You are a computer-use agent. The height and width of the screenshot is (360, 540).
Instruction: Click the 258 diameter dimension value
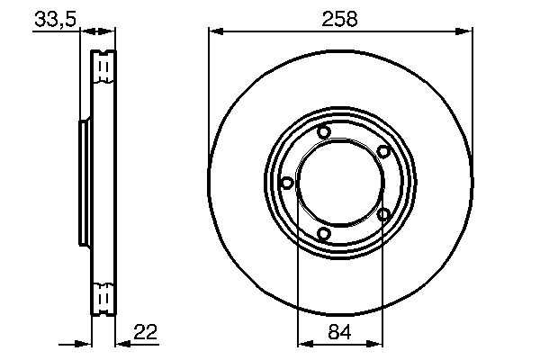click(x=339, y=17)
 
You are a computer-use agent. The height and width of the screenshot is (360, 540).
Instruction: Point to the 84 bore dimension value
click(x=340, y=332)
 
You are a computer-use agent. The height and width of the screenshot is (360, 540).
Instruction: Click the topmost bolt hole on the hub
click(x=324, y=134)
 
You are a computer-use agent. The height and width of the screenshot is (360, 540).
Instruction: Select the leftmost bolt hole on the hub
click(x=287, y=183)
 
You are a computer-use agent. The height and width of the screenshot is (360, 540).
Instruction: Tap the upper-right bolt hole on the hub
click(x=382, y=151)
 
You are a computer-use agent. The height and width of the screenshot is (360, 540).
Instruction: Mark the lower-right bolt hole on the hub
click(x=383, y=214)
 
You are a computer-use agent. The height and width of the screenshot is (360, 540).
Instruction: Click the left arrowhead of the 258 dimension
click(x=214, y=31)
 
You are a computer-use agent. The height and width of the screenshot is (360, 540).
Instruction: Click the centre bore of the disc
click(x=339, y=184)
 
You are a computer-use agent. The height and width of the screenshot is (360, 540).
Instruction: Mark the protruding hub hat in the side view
click(x=85, y=184)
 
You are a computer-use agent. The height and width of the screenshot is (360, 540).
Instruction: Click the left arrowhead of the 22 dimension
click(x=88, y=343)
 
